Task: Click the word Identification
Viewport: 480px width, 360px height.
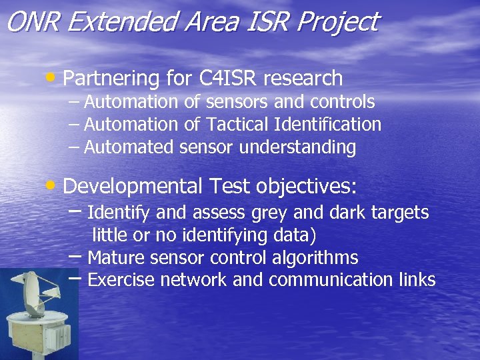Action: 328,124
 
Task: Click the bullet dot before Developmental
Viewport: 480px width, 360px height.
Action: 51,183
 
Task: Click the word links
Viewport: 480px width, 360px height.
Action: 418,280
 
